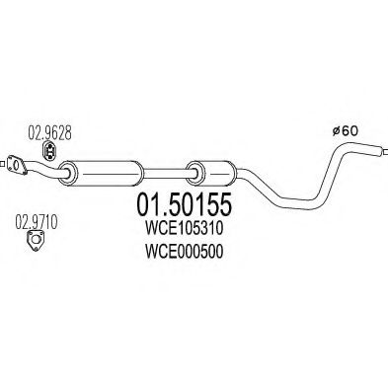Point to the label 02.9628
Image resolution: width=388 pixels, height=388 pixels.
(45, 129)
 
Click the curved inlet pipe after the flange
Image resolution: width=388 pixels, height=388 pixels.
(44, 171)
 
